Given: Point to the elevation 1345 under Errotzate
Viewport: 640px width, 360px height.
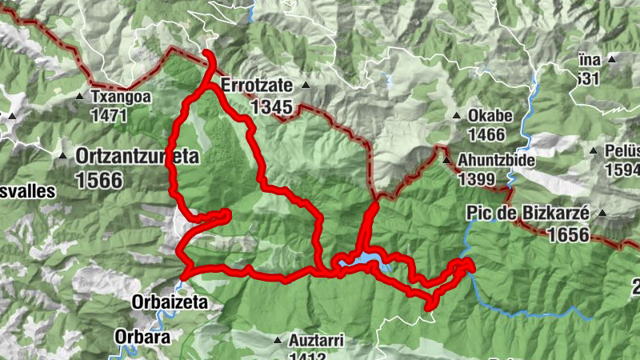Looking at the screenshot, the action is click(271, 106).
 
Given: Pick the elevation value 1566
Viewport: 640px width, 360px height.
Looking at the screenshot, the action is click(100, 179).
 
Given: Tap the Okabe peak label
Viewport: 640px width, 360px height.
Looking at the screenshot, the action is click(486, 115).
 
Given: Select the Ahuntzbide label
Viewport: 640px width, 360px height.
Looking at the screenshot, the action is click(494, 158).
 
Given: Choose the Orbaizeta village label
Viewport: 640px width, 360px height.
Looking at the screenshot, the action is click(170, 302).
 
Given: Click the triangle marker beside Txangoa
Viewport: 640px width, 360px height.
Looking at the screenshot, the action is click(79, 98).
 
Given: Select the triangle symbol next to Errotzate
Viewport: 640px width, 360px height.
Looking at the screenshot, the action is click(305, 84).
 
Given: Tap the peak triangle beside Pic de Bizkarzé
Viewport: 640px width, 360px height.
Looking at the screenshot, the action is click(602, 213).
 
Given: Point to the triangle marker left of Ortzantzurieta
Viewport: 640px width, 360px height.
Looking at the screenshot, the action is click(62, 154).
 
